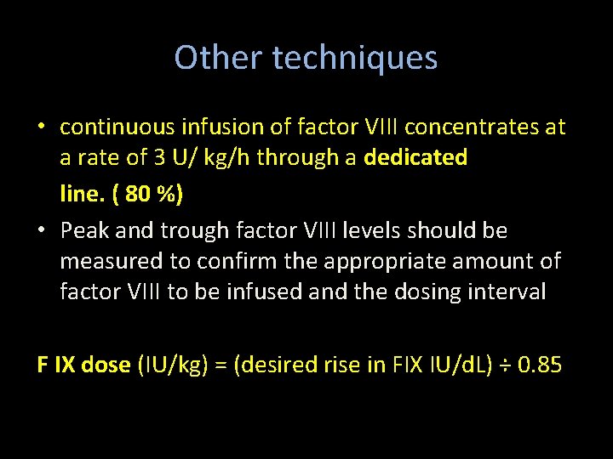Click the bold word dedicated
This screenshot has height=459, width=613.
415,158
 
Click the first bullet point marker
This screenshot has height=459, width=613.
42,128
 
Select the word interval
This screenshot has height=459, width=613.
507,291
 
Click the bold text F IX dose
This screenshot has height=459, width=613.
83,365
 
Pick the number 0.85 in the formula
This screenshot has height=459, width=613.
540,365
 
